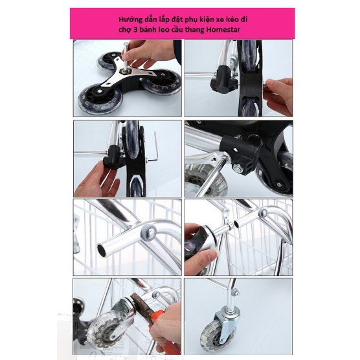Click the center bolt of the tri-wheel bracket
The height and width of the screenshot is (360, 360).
pyautogui.click(x=127, y=71)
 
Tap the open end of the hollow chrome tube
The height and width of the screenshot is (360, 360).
pyautogui.click(x=102, y=251)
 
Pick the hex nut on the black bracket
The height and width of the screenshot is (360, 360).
pyautogui.click(x=237, y=169)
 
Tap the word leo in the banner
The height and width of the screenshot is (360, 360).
pyautogui.click(x=163, y=30)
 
